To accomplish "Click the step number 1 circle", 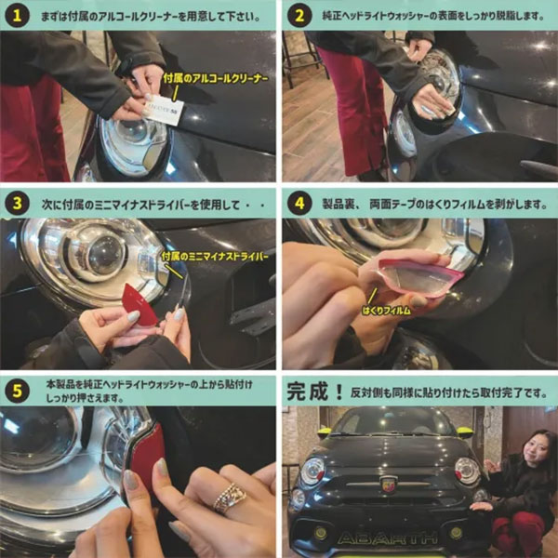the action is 17,16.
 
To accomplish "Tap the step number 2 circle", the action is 299,16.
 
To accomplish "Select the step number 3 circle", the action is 17,204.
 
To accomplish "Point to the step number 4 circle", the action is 299,204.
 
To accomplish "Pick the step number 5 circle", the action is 17,392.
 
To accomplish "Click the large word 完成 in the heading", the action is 307,392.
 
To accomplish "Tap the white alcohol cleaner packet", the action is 164,109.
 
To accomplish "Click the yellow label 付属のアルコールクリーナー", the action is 216,79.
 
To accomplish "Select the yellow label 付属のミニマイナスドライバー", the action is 214,257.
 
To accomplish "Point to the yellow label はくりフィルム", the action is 387,311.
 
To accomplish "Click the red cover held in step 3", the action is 139,304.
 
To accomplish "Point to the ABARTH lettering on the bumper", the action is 388,538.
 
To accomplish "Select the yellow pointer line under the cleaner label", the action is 175,93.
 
